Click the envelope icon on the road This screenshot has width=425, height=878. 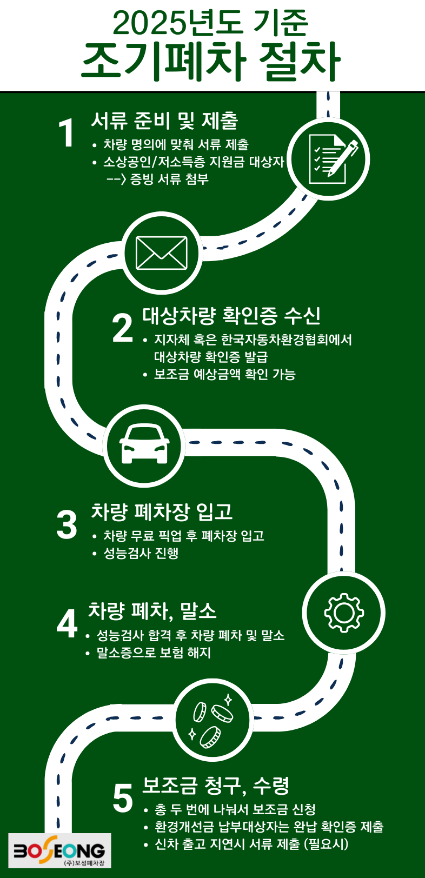click(x=161, y=253)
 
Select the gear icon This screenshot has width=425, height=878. click(x=343, y=613)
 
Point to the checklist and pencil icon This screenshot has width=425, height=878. click(x=328, y=159)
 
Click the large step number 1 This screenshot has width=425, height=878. click(x=67, y=133)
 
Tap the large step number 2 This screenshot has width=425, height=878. click(x=122, y=328)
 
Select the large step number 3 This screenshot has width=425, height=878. click(x=67, y=524)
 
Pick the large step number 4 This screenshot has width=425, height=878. click(x=67, y=624)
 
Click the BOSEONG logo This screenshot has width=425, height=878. click(x=59, y=850)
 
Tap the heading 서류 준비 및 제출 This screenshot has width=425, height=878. click(x=164, y=121)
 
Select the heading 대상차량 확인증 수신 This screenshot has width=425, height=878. click(x=231, y=315)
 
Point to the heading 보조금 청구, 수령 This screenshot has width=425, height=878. click(x=216, y=785)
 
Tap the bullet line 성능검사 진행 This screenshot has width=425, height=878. click(x=141, y=553)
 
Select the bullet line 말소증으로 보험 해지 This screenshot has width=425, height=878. click(x=154, y=653)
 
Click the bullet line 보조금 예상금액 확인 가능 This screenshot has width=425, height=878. click(x=224, y=374)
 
